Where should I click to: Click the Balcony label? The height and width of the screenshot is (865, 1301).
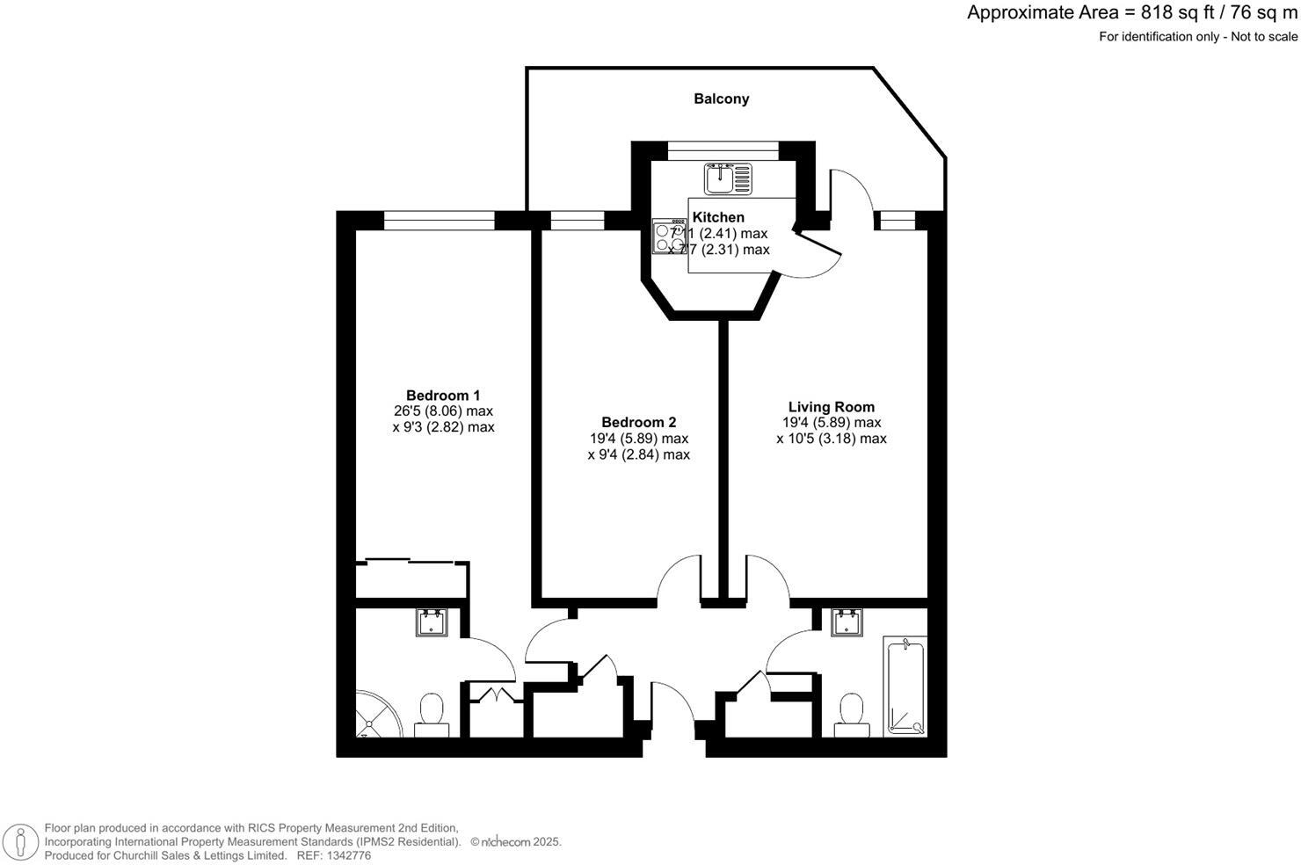(721, 98)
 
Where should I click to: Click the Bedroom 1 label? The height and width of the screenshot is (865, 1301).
(443, 396)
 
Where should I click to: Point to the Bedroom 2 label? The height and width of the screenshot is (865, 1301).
(638, 423)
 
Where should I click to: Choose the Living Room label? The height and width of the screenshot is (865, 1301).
(831, 407)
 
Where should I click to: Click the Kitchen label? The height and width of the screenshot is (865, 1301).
(718, 217)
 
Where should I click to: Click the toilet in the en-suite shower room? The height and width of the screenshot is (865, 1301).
(432, 712)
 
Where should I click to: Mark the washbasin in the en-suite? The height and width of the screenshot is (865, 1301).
(432, 622)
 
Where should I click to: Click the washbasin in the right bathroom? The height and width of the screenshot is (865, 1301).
(847, 622)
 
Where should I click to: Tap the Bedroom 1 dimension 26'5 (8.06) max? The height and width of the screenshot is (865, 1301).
(443, 411)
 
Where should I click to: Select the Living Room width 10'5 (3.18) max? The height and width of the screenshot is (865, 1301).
(831, 439)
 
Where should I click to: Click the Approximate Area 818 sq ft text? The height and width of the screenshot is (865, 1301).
(1132, 12)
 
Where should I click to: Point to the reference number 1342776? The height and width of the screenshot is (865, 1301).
(347, 855)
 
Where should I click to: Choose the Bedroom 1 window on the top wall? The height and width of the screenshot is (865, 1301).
(439, 220)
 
